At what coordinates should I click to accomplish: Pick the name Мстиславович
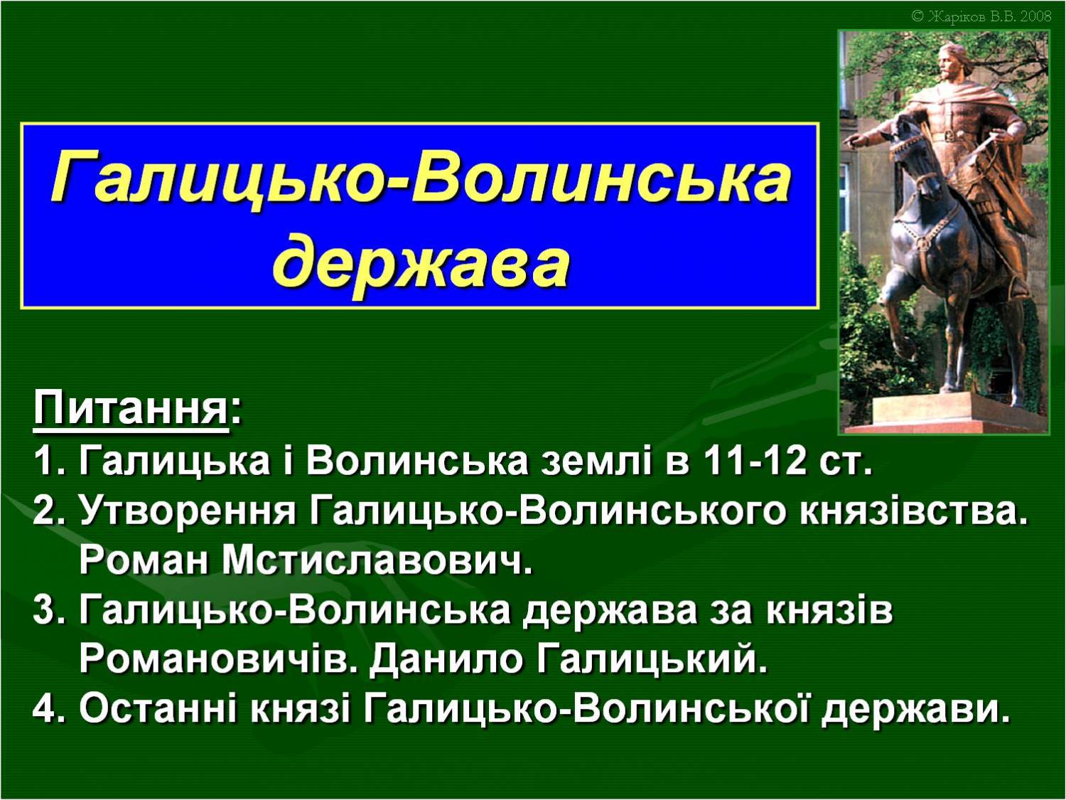click(x=377, y=560)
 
